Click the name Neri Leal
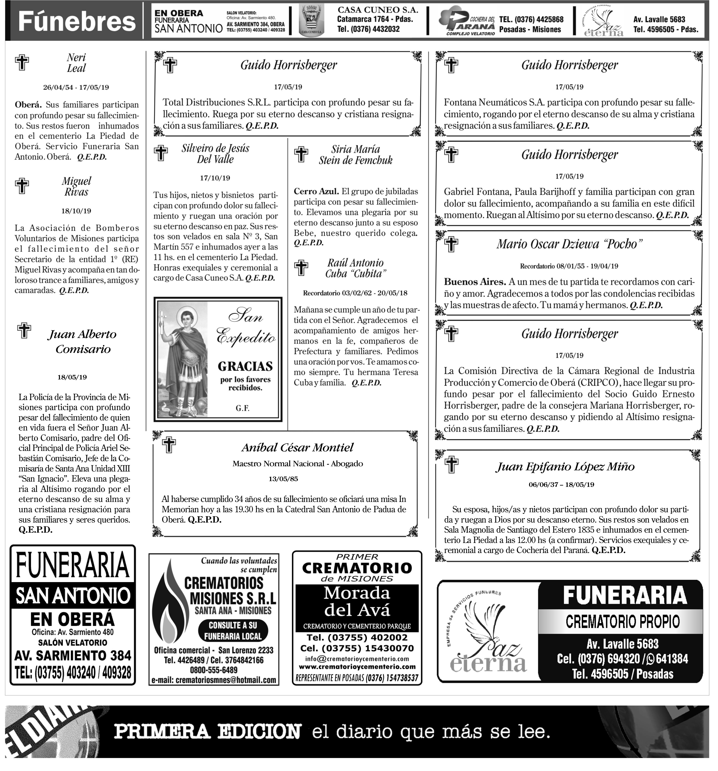(76, 63)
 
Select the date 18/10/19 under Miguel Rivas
(76, 211)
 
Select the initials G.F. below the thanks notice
(242, 408)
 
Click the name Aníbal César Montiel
(297, 447)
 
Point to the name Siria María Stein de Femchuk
(355, 155)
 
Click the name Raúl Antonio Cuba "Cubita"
(355, 268)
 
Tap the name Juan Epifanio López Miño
(566, 466)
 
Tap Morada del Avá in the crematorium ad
(357, 602)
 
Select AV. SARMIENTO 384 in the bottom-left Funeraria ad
(73, 655)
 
